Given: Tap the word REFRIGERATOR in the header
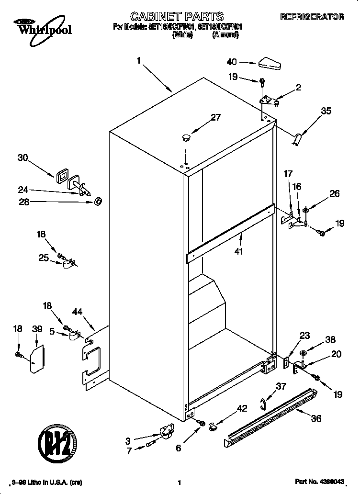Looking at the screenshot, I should point(312,17).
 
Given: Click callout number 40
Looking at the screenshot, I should point(232,62).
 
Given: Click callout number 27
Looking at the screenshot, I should point(216,117).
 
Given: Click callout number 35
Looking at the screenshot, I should point(326,111).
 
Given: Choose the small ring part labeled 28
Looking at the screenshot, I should point(98,202).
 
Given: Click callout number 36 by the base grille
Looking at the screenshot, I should point(316,418).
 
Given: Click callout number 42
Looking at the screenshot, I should point(243,409).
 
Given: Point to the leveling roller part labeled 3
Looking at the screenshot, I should point(167,432).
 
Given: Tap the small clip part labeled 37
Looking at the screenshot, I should point(263,404).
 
